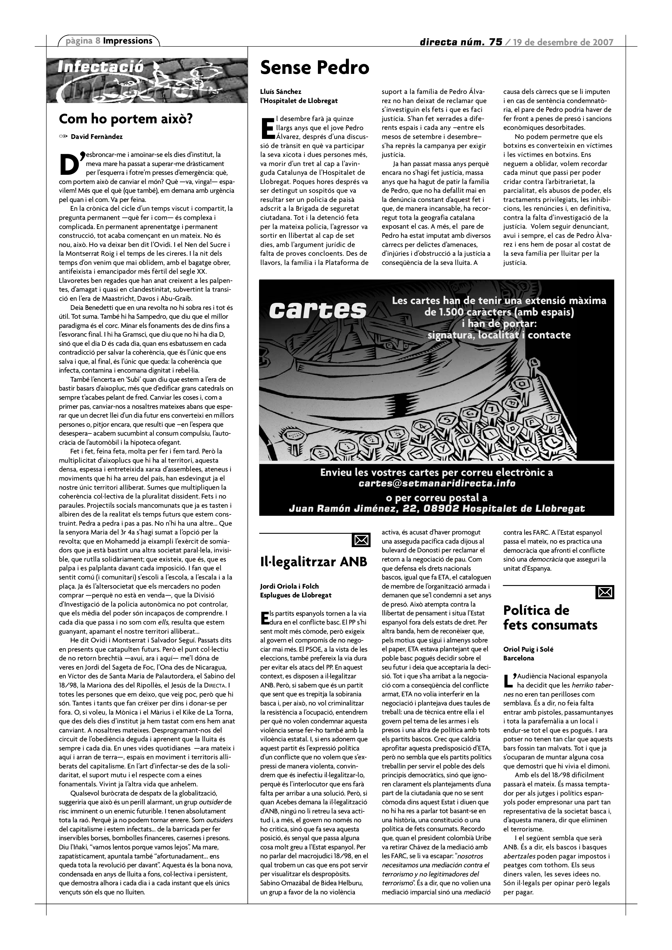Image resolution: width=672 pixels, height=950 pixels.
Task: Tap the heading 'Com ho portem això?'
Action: click(x=126, y=119)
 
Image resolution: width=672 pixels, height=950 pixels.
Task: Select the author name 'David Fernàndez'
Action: click(x=97, y=137)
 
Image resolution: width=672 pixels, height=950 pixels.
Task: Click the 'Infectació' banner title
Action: click(x=101, y=67)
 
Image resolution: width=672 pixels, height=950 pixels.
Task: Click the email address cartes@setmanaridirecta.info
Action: click(x=437, y=483)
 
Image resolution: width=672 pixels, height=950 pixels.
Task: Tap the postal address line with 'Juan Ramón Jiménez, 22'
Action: click(x=437, y=509)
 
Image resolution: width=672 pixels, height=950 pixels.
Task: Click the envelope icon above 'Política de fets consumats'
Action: click(x=605, y=592)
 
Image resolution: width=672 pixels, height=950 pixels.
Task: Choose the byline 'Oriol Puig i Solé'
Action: click(x=528, y=649)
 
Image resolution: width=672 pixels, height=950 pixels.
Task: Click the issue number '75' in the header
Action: click(x=495, y=42)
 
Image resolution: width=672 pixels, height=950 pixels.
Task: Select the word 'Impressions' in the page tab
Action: click(x=127, y=41)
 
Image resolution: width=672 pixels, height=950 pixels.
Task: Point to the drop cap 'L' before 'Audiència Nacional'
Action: click(x=509, y=680)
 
